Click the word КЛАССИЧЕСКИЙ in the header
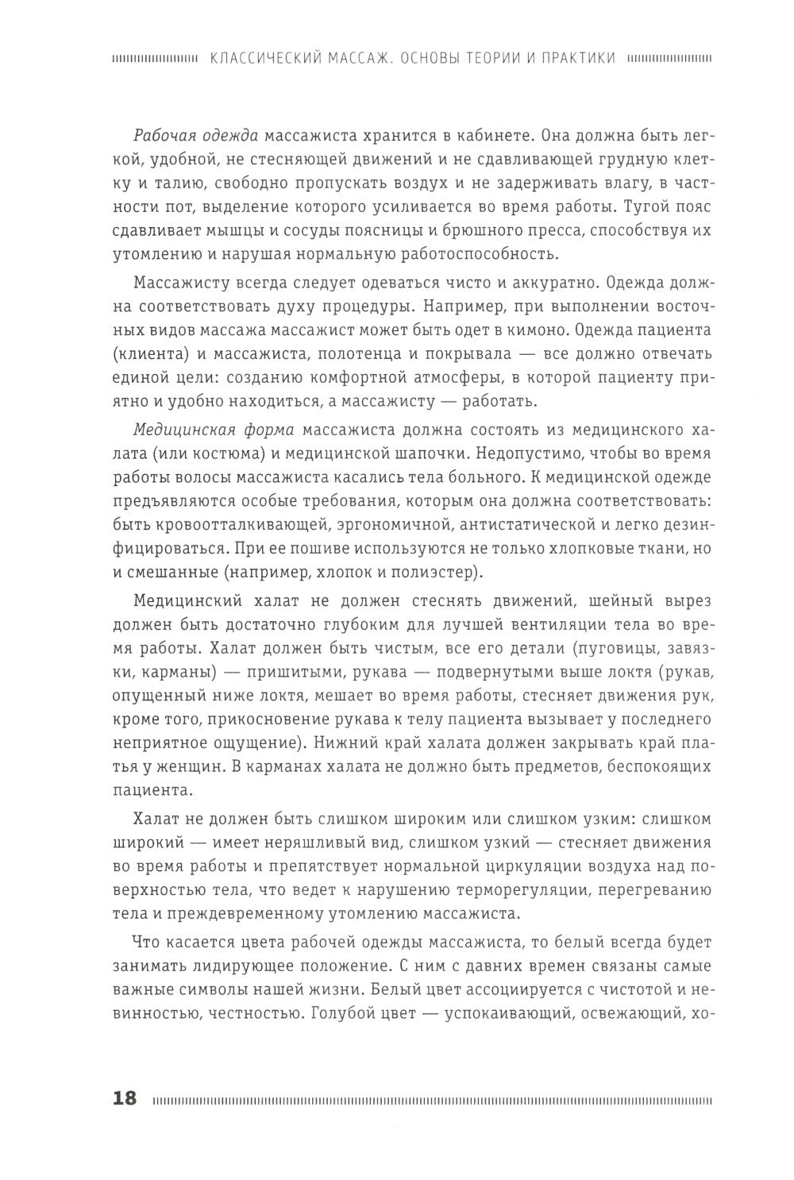[x=257, y=58]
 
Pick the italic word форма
[x=265, y=430]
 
